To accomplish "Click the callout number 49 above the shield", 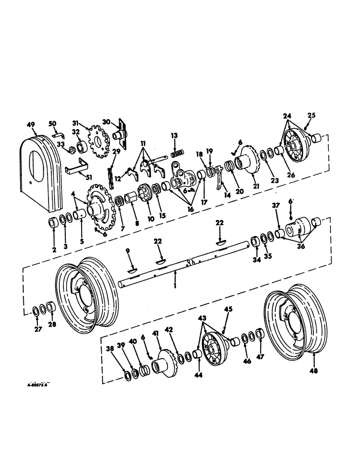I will tap(31, 124).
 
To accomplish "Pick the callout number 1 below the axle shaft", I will tap(174, 284).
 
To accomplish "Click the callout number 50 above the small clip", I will tap(53, 123).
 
